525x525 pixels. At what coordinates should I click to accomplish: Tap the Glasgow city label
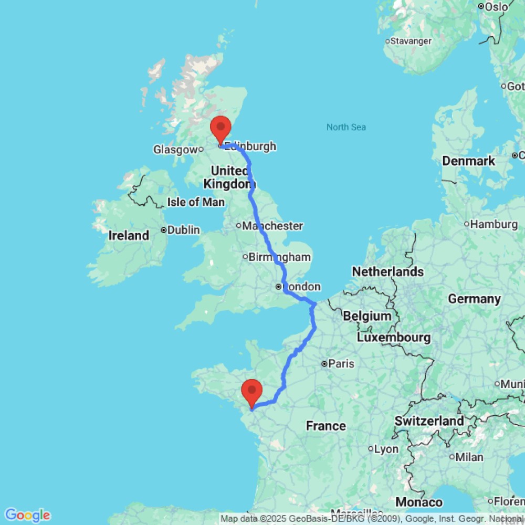coord(175,150)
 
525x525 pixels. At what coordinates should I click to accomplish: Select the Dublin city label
coord(183,230)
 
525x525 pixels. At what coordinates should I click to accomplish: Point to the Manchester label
coord(272,226)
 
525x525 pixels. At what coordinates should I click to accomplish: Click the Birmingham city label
coord(280,257)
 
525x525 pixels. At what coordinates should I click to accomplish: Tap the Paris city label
coord(341,363)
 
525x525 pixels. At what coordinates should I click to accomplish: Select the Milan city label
coord(469,457)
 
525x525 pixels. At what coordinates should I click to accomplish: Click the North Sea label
coord(346,127)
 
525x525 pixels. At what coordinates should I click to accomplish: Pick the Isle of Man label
coord(195,202)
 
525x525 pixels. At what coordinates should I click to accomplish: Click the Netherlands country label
coord(387,271)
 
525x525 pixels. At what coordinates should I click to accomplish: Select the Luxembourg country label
coord(394,337)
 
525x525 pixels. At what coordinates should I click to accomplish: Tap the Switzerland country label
coord(429,421)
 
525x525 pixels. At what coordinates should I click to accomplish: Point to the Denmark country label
coord(468,161)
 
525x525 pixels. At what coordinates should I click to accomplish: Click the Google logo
coord(27,515)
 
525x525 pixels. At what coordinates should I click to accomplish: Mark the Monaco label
coord(419,502)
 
